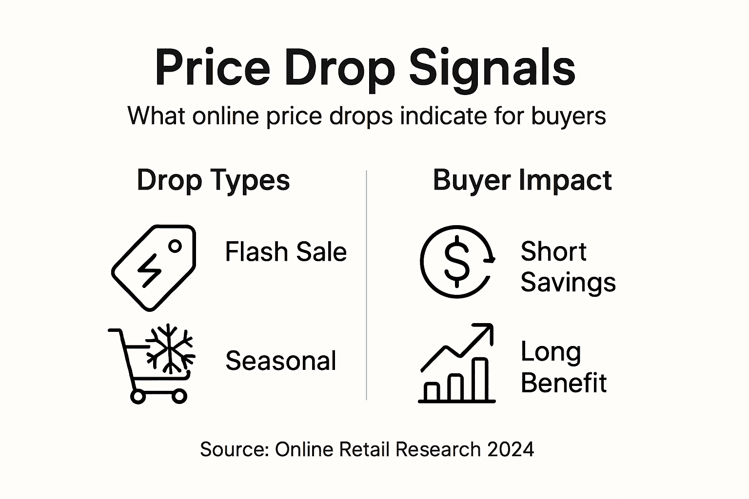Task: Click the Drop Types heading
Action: [213, 180]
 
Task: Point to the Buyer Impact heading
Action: [522, 180]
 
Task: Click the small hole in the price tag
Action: [175, 247]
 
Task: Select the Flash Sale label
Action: [286, 252]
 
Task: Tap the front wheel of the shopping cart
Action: [179, 396]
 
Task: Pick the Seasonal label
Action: [281, 361]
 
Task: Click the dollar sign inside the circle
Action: [456, 262]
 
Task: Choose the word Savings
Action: [568, 282]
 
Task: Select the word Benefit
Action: [564, 383]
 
